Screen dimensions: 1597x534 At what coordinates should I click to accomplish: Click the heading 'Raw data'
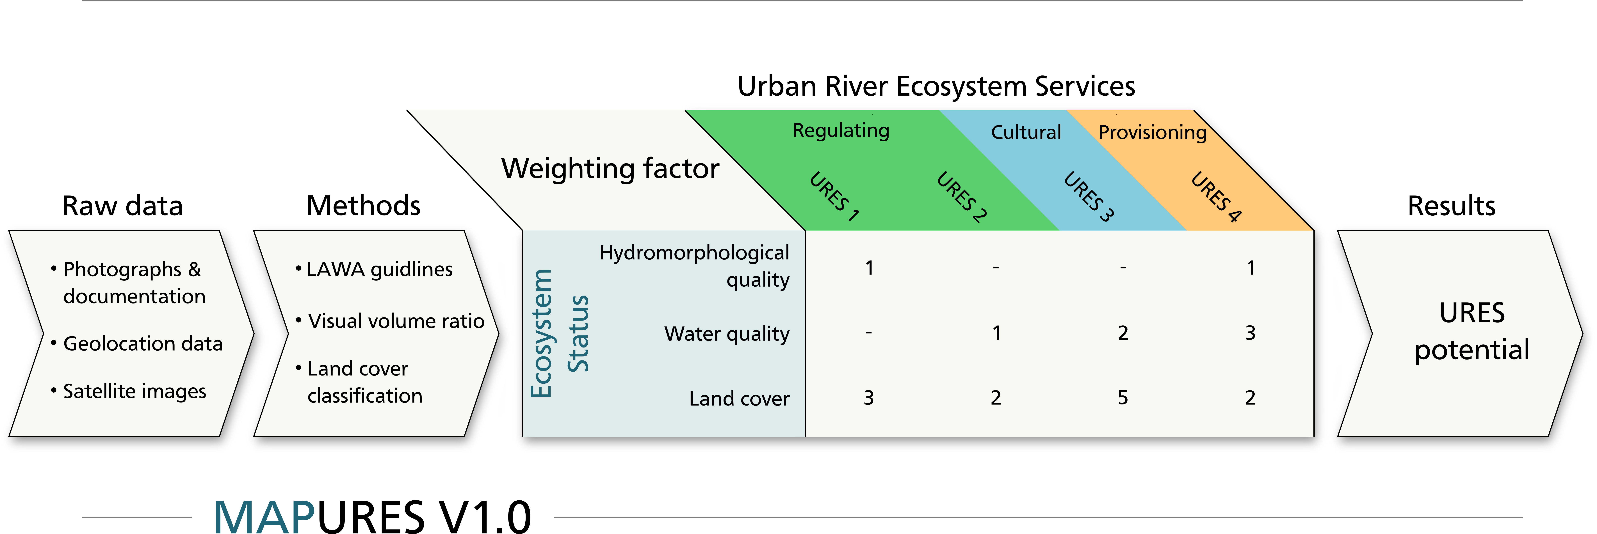pos(123,206)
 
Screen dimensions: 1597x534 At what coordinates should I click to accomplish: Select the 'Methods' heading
pos(363,206)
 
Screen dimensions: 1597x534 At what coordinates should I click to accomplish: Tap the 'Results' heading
pos(1451,206)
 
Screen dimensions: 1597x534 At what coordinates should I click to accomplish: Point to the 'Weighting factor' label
pos(611,169)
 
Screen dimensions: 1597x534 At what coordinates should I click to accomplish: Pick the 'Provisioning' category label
pos(1153,132)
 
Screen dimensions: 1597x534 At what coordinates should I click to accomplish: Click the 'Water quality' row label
pos(727,334)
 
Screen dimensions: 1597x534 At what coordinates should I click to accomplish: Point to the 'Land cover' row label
pos(739,398)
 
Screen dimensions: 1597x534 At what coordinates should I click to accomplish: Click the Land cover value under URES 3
pos(1123,398)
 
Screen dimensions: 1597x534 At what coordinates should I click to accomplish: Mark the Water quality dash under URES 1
pos(869,333)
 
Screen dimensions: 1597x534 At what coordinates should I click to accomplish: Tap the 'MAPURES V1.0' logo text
pos(372,515)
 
